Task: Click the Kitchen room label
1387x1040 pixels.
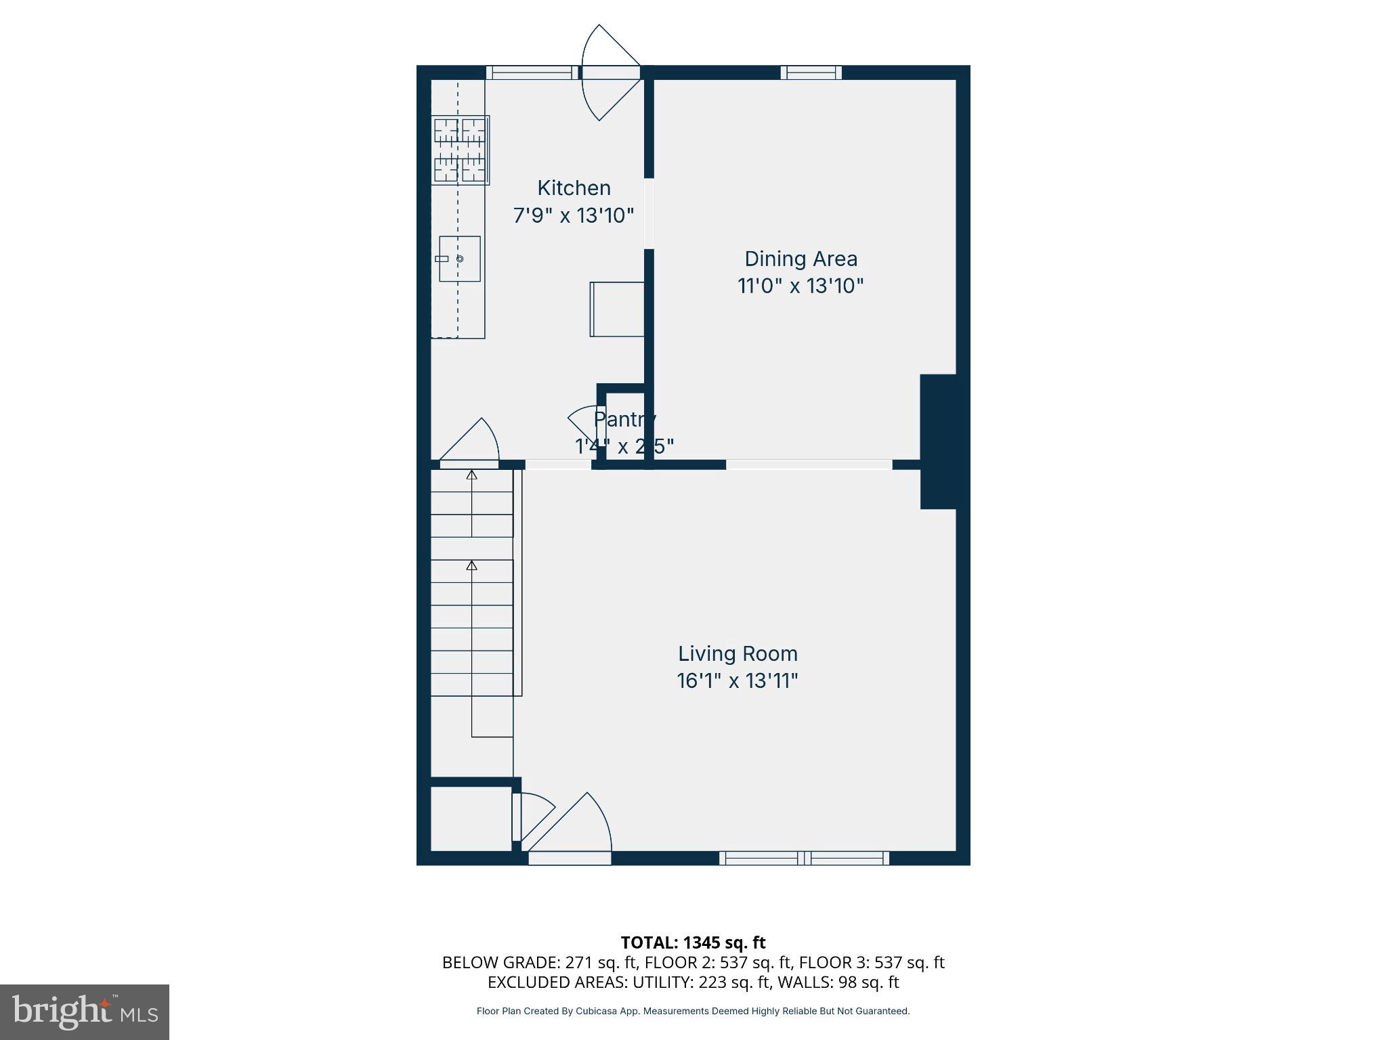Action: tap(574, 188)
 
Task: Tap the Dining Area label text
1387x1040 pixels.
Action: tap(801, 259)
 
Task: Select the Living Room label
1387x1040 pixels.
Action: tap(738, 653)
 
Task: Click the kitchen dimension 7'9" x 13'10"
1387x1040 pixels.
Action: tap(574, 216)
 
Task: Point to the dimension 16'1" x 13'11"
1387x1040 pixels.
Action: tap(738, 680)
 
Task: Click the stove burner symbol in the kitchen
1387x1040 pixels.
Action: tap(461, 150)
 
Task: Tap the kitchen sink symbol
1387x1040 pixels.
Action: tap(460, 259)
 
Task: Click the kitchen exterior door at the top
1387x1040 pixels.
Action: tap(610, 73)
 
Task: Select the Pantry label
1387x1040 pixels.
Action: tap(624, 419)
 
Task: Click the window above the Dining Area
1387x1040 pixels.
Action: tap(811, 72)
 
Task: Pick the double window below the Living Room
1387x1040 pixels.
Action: tap(804, 858)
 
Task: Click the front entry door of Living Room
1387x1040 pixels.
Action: tap(569, 858)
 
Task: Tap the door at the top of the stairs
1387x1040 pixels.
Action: tap(469, 464)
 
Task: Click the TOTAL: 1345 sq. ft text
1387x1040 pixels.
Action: tap(693, 942)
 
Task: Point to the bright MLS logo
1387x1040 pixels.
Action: tap(85, 1012)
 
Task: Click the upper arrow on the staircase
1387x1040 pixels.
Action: tap(472, 475)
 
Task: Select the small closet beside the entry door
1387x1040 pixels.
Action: tap(471, 818)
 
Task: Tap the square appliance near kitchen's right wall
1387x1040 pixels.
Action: tap(617, 309)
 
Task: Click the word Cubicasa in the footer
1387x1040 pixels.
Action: tap(598, 1012)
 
